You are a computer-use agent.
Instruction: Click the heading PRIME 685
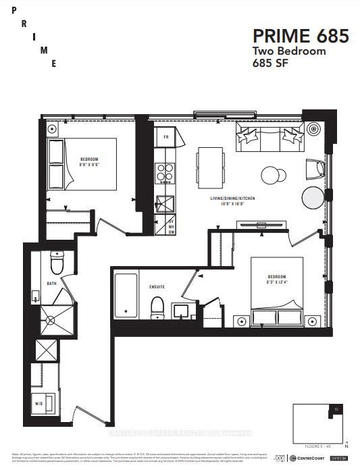tap(301, 36)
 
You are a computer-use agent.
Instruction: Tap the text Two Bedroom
tap(289, 51)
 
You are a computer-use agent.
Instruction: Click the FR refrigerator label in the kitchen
tap(165, 137)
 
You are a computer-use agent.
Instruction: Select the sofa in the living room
tap(268, 139)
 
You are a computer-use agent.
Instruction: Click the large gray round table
tap(313, 198)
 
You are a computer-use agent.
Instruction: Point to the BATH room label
tap(51, 284)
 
